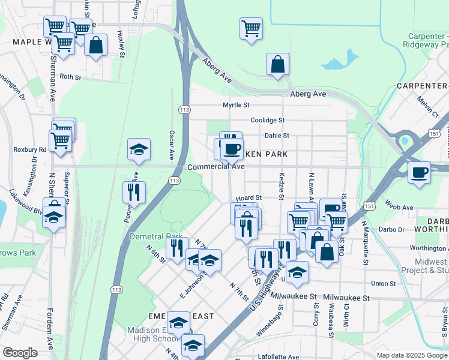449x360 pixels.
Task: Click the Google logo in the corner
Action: tap(19, 353)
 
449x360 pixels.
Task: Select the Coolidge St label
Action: tap(267, 120)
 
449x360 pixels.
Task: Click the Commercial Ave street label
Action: tap(215, 167)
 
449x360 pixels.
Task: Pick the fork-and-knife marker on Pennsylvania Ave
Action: tap(134, 193)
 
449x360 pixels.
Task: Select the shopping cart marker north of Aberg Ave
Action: tap(251, 28)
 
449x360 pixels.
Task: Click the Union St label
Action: tap(384, 283)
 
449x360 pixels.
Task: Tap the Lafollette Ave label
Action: tap(279, 356)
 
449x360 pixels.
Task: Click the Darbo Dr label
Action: tap(392, 229)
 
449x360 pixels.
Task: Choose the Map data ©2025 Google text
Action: tap(412, 355)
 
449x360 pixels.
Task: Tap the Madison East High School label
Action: tap(152, 334)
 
